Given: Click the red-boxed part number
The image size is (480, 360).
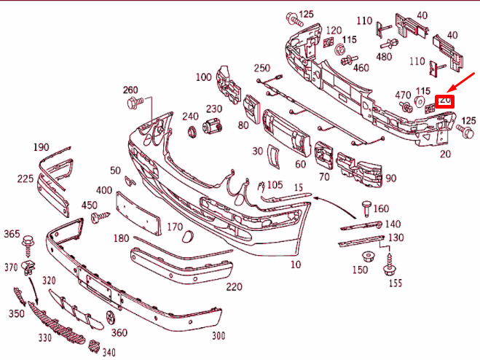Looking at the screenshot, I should [x=444, y=101].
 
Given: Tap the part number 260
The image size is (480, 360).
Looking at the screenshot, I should [x=130, y=90].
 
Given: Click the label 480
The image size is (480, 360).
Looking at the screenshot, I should [x=384, y=57].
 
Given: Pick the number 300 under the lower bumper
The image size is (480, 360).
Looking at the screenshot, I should [x=218, y=336].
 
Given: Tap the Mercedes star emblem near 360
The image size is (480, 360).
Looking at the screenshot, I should [x=111, y=318].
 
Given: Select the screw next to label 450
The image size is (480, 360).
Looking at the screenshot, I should [x=102, y=216].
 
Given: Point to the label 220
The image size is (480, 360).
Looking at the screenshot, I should [x=234, y=286].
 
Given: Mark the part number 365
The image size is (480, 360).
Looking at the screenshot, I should [x=12, y=233].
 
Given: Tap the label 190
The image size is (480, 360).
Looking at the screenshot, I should [x=41, y=147].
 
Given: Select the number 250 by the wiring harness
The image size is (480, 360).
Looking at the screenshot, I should [x=261, y=68].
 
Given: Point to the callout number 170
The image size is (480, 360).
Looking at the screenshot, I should [x=174, y=227].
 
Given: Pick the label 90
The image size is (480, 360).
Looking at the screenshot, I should [x=390, y=178].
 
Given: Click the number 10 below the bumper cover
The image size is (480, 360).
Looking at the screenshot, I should [x=295, y=265].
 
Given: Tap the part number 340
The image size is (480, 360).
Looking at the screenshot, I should [x=109, y=353].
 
